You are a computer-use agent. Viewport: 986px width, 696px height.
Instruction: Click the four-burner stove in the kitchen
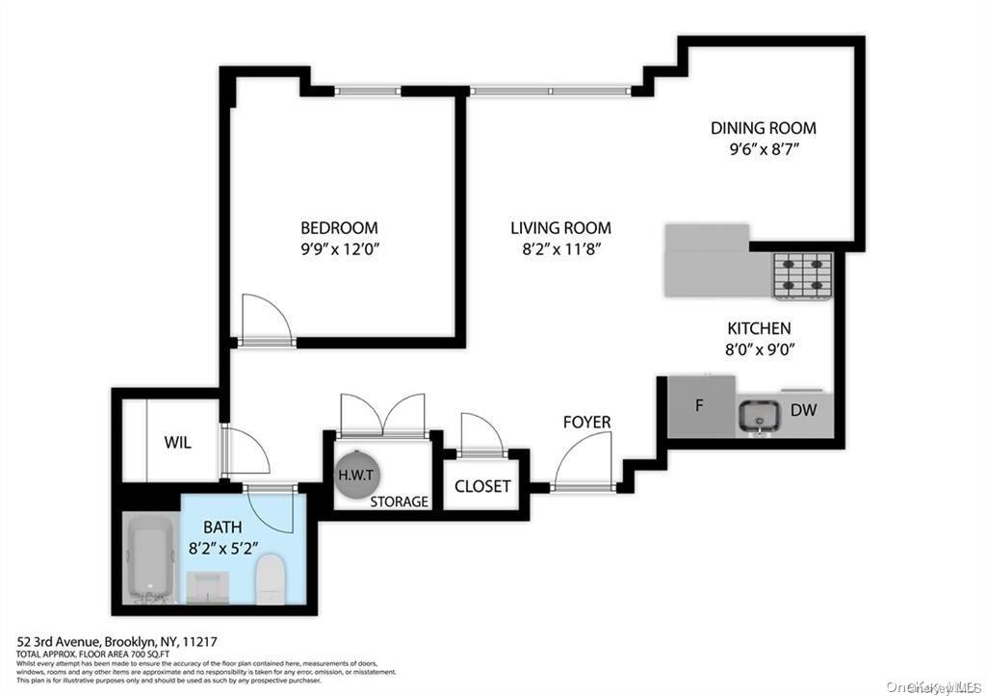pyautogui.click(x=802, y=276)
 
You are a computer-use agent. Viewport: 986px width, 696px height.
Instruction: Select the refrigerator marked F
pyautogui.click(x=700, y=405)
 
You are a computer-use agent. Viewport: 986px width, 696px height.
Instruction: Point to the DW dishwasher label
pyautogui.click(x=803, y=410)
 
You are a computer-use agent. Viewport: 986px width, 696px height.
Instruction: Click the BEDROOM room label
pyautogui.click(x=339, y=228)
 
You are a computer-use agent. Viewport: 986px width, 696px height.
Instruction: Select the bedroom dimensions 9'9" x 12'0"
pyautogui.click(x=339, y=248)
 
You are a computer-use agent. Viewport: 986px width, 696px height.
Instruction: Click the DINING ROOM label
pyautogui.click(x=763, y=128)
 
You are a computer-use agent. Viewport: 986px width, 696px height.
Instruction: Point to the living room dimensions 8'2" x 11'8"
pyautogui.click(x=560, y=248)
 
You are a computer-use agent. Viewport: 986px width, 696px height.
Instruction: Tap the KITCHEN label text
pyautogui.click(x=759, y=328)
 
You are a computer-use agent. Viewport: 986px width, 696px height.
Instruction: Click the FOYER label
pyautogui.click(x=587, y=423)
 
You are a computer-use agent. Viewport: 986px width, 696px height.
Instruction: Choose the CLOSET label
pyautogui.click(x=482, y=486)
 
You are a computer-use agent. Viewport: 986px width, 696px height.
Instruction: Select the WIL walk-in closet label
pyautogui.click(x=177, y=443)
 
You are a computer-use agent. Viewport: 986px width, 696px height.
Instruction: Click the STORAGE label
pyautogui.click(x=399, y=502)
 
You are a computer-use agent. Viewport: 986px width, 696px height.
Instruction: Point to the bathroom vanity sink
pyautogui.click(x=206, y=585)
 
